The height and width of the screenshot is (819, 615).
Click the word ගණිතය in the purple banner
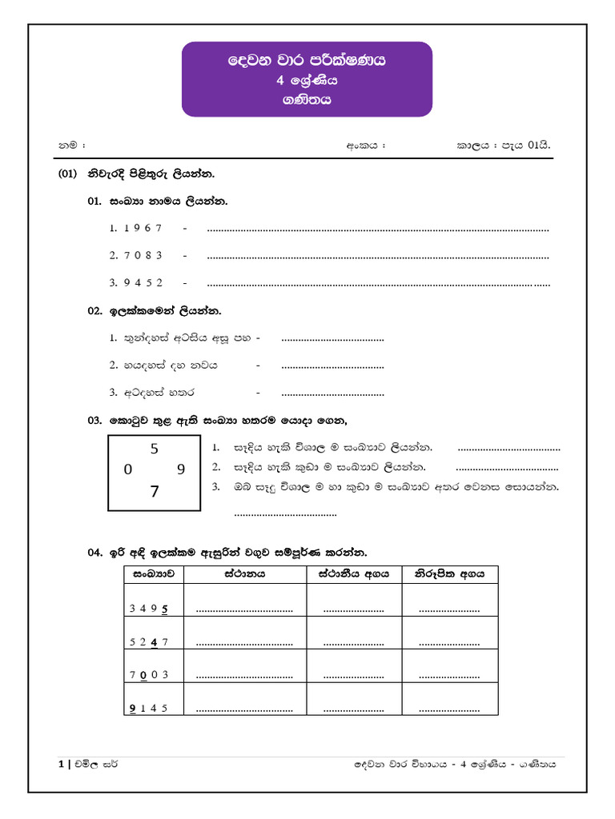[x=307, y=101]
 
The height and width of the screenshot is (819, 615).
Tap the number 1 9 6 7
[x=143, y=228]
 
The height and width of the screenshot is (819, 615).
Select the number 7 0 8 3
[x=143, y=255]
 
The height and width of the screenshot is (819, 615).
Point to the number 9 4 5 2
[x=143, y=282]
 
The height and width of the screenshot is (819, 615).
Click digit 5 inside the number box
[x=155, y=449]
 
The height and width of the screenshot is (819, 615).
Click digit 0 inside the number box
[x=128, y=470]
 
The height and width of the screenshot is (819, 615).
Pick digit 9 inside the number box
[x=181, y=470]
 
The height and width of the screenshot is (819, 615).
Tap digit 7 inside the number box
[x=155, y=492]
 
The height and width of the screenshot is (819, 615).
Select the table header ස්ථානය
[x=245, y=573]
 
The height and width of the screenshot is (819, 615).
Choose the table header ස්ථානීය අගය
[x=354, y=573]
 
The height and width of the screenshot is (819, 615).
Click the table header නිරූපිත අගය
[x=449, y=573]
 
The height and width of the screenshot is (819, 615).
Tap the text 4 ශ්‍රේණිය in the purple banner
[x=307, y=80]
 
